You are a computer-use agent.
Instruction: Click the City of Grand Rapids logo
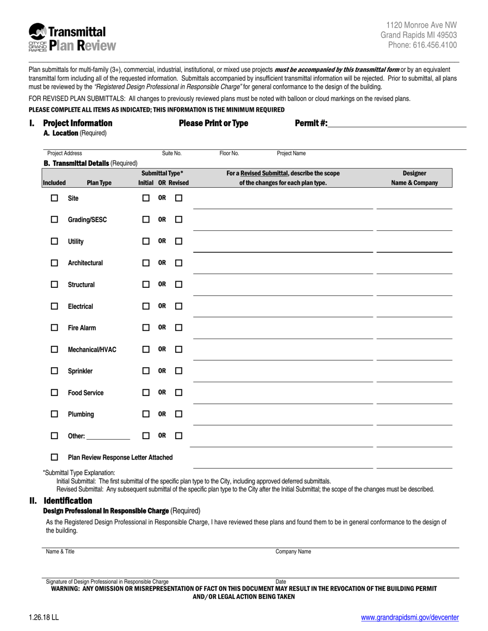(x=38, y=38)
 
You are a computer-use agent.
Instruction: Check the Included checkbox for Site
(x=54, y=198)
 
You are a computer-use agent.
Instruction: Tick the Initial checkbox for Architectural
(x=146, y=263)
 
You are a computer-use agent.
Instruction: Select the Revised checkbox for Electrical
(x=179, y=306)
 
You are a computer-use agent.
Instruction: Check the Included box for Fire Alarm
(x=54, y=328)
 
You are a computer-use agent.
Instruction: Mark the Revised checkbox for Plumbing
(x=179, y=414)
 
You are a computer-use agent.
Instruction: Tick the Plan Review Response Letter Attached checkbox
(x=54, y=457)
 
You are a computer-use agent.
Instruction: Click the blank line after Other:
(x=108, y=437)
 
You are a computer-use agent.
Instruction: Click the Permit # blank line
(x=397, y=124)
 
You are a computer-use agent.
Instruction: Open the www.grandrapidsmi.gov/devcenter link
(x=410, y=618)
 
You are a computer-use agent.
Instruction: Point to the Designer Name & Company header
(x=414, y=178)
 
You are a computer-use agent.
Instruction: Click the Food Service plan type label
(x=86, y=393)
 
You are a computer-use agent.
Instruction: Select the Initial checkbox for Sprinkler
(x=146, y=371)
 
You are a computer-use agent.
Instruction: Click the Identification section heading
(x=68, y=501)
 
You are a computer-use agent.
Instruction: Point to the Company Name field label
(x=293, y=552)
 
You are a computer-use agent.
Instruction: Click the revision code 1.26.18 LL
(x=44, y=618)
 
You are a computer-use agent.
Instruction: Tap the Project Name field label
(x=291, y=153)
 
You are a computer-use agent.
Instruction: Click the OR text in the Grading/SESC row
(x=162, y=220)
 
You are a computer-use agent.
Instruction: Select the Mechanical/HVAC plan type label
(x=92, y=350)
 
